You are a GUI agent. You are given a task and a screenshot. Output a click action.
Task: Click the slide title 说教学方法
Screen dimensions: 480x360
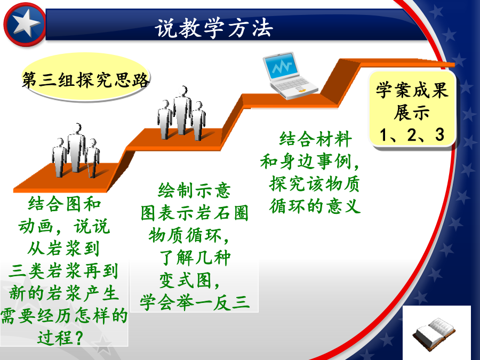pos(214,28)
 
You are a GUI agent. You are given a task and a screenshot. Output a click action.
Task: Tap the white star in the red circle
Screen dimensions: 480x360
pos(26,23)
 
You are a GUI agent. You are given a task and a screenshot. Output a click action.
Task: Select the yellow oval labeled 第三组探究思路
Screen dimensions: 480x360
pos(86,77)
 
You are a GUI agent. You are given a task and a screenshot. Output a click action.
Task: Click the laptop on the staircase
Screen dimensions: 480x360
pos(289,75)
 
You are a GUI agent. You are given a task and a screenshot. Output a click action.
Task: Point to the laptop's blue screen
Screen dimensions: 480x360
pos(281,66)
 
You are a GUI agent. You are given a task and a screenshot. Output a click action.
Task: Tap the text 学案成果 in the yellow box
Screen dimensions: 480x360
pos(412,90)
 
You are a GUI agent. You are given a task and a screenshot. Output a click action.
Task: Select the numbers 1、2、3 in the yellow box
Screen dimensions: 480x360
pos(412,135)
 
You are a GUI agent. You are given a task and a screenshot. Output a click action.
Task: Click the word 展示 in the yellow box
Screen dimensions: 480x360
pos(412,113)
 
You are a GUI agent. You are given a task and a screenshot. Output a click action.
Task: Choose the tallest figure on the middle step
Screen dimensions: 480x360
pos(182,110)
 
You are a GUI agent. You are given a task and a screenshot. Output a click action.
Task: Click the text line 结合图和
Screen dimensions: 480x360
pos(65,204)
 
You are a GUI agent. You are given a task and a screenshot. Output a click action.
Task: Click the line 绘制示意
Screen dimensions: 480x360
pos(194,190)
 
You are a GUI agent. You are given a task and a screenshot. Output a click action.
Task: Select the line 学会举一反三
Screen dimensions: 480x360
pos(195,302)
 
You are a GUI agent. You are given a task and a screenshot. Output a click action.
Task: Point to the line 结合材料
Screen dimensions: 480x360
pos(315,139)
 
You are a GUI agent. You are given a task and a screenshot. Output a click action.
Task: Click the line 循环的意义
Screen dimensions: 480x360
pos(315,206)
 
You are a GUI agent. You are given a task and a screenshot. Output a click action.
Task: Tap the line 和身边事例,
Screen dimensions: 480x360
pos(310,161)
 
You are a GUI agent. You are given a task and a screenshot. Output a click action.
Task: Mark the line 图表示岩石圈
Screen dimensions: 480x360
pos(194,213)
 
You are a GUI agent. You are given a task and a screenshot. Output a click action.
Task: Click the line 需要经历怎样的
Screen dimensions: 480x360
pos(63,315)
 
